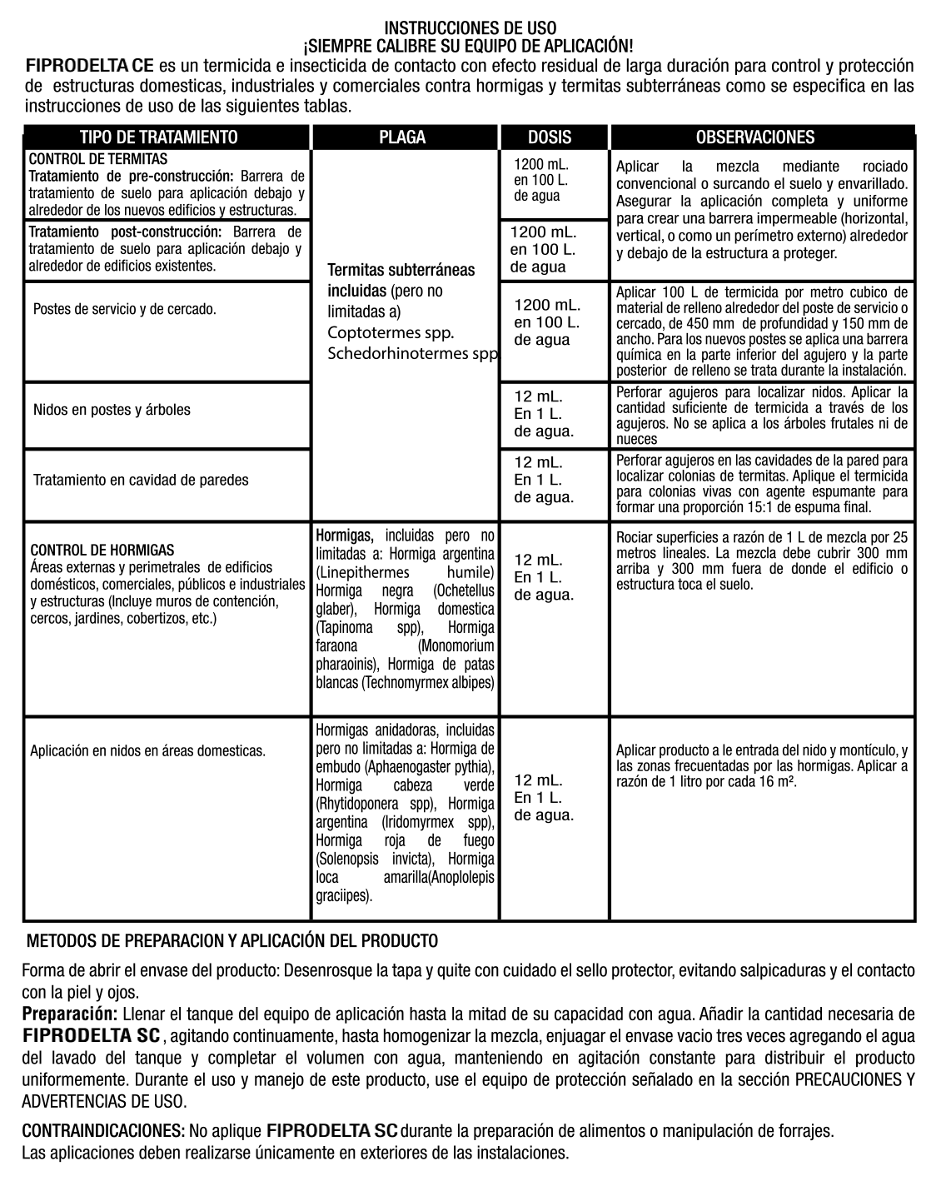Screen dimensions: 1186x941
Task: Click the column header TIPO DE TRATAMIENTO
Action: tap(158, 137)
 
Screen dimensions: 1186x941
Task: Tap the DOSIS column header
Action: tap(550, 137)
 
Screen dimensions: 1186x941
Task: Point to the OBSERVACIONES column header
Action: tap(754, 137)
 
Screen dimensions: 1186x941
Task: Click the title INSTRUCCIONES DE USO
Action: tap(471, 29)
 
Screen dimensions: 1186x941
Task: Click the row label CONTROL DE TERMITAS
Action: tap(98, 159)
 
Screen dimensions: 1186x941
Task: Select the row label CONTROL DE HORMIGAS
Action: tap(102, 551)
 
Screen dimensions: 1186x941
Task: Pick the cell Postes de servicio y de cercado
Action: tap(125, 309)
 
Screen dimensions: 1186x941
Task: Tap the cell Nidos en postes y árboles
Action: tap(112, 410)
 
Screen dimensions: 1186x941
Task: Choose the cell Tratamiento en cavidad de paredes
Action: tap(141, 480)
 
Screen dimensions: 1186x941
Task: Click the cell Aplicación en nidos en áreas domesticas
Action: tap(148, 750)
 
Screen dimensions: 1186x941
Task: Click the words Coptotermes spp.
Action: tap(391, 333)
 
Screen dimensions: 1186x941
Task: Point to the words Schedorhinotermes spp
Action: tap(412, 354)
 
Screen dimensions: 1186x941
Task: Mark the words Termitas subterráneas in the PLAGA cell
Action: tap(401, 270)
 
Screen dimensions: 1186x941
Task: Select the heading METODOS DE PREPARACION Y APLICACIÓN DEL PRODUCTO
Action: tap(232, 942)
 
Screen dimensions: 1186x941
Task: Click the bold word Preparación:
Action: tap(69, 1014)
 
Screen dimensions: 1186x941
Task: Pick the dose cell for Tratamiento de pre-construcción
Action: tap(541, 180)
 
